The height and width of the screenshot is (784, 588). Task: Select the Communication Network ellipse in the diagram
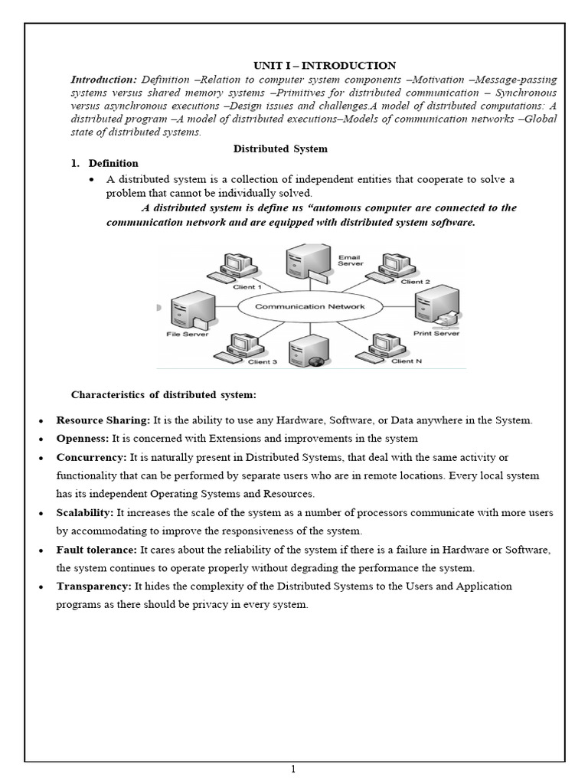click(309, 306)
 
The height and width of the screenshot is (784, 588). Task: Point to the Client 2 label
click(416, 282)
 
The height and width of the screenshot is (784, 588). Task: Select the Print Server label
click(435, 333)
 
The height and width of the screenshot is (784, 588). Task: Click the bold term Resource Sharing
click(103, 420)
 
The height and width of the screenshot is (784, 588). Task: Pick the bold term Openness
click(83, 439)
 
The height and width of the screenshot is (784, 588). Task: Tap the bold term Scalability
click(85, 512)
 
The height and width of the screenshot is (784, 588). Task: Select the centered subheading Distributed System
click(290, 149)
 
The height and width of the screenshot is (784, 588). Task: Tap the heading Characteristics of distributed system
click(163, 395)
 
